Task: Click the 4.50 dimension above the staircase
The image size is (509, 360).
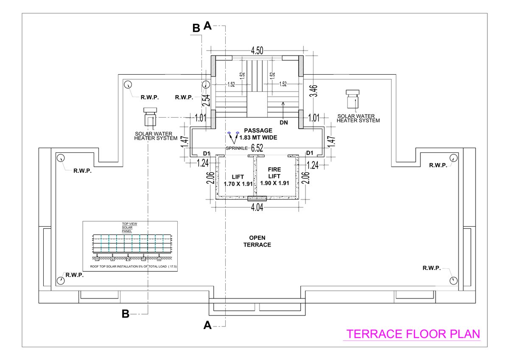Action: click(257, 51)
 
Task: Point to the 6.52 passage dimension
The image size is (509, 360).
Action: click(257, 148)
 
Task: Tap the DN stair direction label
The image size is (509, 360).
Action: click(284, 122)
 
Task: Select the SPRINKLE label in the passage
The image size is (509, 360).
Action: click(237, 148)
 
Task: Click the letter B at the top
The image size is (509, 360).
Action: click(196, 28)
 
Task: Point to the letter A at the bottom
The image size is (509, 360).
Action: click(207, 325)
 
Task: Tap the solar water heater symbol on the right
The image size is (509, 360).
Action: click(352, 99)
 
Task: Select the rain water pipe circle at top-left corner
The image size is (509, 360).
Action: click(128, 85)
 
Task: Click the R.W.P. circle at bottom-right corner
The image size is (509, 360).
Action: click(453, 280)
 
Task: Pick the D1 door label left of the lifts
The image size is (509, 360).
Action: click(207, 153)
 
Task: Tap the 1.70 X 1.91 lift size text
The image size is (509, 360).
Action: click(238, 184)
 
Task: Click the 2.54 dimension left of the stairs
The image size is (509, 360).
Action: click(207, 99)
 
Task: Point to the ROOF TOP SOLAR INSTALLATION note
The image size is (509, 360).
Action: click(133, 267)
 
